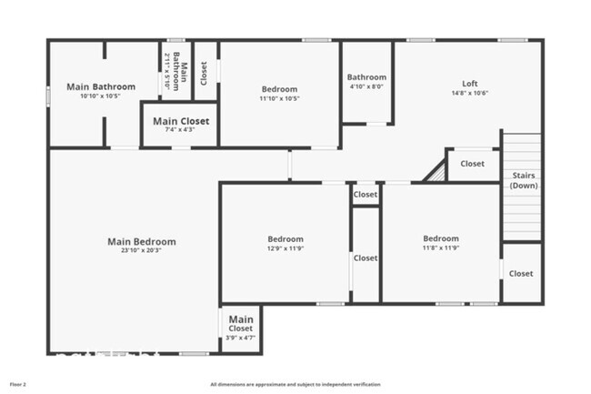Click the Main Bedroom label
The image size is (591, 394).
(141, 242)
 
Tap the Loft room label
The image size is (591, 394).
(469, 82)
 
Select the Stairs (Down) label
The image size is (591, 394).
(523, 179)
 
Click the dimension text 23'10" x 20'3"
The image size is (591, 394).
(141, 253)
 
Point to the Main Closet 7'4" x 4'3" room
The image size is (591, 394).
(180, 125)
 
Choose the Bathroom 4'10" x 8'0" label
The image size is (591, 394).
(366, 77)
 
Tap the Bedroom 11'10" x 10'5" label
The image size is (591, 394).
(279, 89)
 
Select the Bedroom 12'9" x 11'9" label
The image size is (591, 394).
(285, 238)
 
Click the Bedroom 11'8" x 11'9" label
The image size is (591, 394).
(441, 238)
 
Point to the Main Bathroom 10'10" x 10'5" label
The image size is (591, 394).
(101, 87)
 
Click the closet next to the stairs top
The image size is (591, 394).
(472, 164)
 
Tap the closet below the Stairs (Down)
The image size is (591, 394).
(521, 273)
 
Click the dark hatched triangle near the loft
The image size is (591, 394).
(436, 172)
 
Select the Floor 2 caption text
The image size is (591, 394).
(18, 383)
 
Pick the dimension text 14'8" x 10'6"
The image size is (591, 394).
(469, 93)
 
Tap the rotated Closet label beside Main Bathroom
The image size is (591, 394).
(205, 71)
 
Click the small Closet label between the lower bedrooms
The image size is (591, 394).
(366, 195)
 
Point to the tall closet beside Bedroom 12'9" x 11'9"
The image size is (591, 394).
(366, 258)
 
